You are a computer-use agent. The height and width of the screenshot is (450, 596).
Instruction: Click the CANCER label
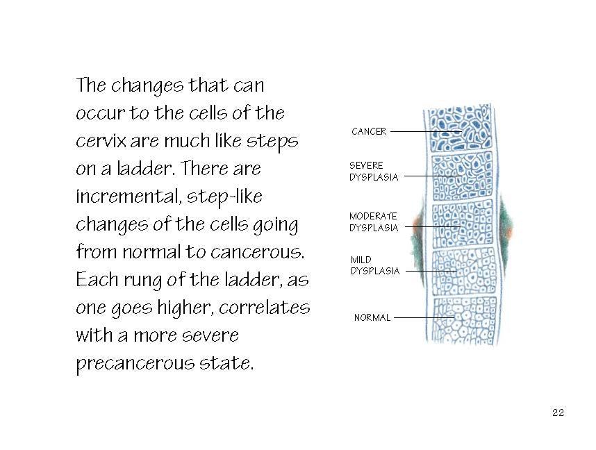[369, 131]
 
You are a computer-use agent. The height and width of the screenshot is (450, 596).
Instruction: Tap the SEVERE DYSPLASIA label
[374, 172]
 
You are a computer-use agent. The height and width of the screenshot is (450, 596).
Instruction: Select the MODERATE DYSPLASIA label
[374, 222]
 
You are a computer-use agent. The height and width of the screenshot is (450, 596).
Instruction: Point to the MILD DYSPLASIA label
[375, 265]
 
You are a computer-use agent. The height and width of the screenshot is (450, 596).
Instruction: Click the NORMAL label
[372, 317]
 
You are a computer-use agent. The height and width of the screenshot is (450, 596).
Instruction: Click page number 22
[558, 412]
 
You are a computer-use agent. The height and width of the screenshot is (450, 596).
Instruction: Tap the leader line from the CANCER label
[426, 131]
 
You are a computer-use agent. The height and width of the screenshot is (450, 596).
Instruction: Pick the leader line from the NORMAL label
[424, 317]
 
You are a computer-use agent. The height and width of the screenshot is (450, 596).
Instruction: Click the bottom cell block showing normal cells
[465, 320]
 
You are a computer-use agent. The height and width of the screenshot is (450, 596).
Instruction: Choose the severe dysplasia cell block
[462, 176]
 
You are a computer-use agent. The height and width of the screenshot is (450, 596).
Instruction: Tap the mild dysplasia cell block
[464, 272]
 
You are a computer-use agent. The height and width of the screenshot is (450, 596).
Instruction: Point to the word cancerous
[257, 252]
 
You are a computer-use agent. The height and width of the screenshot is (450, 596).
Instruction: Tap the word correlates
[265, 307]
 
